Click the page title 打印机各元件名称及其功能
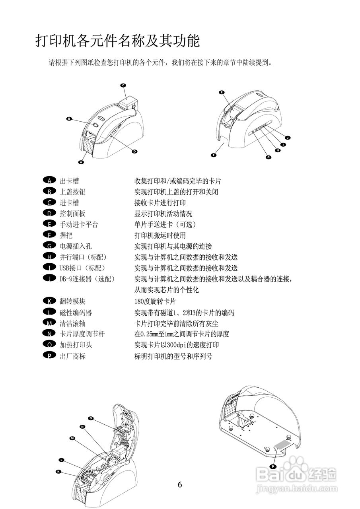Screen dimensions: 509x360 [118, 41]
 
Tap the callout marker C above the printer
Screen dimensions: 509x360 [123, 85]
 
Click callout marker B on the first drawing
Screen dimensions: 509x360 [69, 119]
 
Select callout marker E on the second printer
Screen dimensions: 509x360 [222, 92]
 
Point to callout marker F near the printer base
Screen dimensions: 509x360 [214, 155]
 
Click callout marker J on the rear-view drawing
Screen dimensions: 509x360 [288, 138]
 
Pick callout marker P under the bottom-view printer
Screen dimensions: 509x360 [273, 466]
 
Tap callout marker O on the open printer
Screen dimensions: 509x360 [91, 418]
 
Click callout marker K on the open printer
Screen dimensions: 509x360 [58, 471]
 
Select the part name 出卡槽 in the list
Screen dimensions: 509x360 [69, 181]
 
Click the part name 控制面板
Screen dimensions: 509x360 [72, 214]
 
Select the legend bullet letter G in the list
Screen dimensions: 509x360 [49, 246]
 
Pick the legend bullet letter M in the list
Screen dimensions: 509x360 [49, 323]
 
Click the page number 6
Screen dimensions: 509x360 [180, 484]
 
